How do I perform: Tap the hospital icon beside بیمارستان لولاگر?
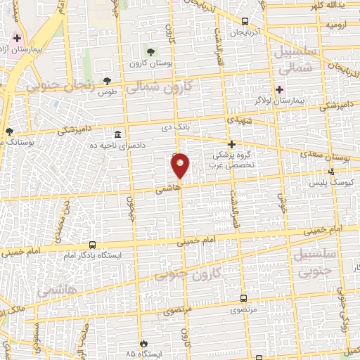(x=280, y=89)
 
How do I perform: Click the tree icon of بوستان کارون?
(x=151, y=51)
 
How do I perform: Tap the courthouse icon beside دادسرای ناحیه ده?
(x=117, y=134)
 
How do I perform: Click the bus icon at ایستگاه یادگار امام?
(x=93, y=245)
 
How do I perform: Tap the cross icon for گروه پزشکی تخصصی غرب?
(x=231, y=143)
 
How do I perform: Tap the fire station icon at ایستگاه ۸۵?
(x=145, y=342)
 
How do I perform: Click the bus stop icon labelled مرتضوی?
(x=243, y=298)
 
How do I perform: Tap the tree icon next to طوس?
(x=107, y=81)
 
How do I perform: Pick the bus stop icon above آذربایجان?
(x=245, y=21)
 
